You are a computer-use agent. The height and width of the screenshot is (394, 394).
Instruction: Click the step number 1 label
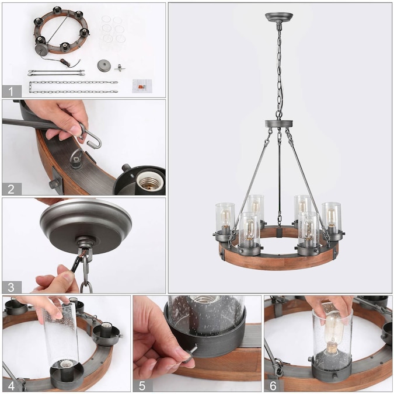11,92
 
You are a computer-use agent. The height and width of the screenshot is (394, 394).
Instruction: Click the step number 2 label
11,189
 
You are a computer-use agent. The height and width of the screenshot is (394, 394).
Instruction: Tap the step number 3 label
11,287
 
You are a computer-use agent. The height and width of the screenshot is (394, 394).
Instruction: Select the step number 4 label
11,386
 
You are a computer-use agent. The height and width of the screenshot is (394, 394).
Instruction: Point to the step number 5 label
142,386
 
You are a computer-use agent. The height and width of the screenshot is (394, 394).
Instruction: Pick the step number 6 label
273,386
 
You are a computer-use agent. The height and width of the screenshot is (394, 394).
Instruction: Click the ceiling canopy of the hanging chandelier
279,17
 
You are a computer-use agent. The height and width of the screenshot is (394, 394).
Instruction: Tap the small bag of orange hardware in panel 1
142,86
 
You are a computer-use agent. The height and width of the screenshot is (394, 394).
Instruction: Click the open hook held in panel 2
91,137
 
